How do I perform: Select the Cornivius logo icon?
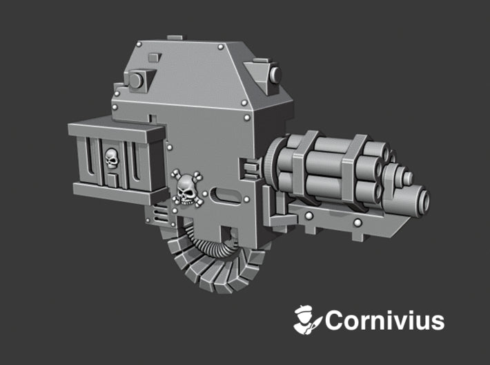[x=307, y=320]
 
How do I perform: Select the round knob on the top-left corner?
[x=135, y=80]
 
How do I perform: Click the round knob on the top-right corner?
[x=275, y=73]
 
